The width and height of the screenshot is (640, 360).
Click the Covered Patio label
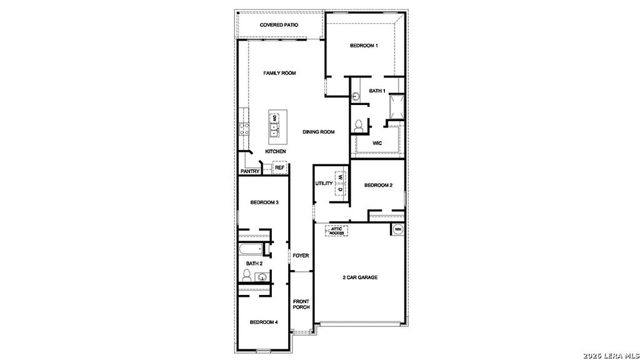click(279, 25)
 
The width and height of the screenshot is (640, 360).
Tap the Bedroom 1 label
click(363, 46)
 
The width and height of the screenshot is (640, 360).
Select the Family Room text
click(279, 73)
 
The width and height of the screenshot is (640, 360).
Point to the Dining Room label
click(319, 132)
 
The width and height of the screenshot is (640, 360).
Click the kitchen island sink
click(274, 129)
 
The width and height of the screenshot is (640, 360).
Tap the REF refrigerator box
click(279, 167)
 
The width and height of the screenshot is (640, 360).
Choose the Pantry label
click(250, 171)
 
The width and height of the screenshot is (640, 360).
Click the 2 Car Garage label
click(359, 277)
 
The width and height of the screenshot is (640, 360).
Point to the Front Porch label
click(301, 304)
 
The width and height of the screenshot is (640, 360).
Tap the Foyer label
click(301, 256)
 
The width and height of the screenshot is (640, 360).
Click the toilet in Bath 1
click(359, 125)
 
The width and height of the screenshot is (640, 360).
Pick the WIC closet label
click(377, 143)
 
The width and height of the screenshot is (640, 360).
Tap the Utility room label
click(324, 183)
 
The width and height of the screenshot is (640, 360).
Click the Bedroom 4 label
click(264, 322)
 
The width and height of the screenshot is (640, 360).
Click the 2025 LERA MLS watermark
click(610, 354)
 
